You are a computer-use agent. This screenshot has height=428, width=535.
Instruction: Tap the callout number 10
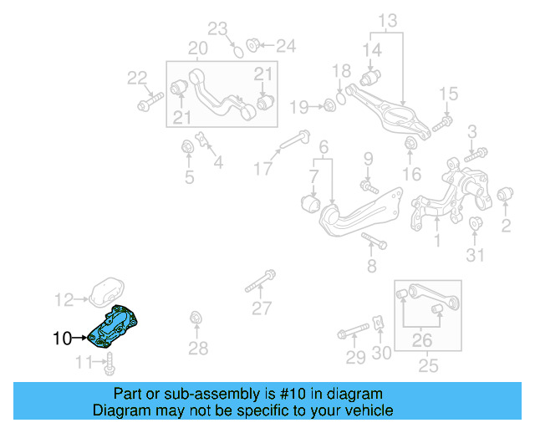63,339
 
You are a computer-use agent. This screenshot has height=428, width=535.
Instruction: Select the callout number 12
64,298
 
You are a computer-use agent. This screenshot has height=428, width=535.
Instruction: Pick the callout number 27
262,308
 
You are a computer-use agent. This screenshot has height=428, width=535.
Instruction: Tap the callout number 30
381,353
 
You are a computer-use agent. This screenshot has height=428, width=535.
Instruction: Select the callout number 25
428,365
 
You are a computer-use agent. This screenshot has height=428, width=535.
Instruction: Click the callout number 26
423,340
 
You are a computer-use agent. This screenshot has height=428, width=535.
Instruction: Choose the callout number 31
475,255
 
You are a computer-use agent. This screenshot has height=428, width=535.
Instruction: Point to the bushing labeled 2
505,196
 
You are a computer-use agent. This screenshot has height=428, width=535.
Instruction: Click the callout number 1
436,242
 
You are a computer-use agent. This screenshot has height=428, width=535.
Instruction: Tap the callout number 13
388,19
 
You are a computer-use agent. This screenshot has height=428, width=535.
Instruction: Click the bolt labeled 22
150,104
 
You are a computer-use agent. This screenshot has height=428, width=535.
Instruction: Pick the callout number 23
217,30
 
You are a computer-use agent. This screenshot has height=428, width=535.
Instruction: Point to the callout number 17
263,169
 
